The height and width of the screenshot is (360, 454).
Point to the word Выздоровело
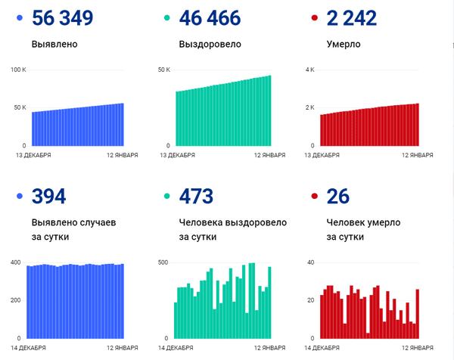(210, 44)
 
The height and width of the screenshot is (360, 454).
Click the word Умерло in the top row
(343, 44)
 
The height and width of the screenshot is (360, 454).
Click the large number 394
(48, 197)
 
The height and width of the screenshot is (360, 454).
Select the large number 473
(195, 197)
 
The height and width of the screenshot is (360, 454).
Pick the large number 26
(337, 197)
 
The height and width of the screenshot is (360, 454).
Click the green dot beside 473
(166, 197)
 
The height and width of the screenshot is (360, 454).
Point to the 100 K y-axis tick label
(19, 70)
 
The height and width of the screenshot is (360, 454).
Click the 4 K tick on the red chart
(309, 70)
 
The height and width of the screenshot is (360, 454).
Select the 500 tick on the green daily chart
(163, 262)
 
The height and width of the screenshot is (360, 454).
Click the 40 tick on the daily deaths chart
(309, 262)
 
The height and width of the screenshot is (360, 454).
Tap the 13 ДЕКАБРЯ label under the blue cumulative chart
(33, 155)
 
